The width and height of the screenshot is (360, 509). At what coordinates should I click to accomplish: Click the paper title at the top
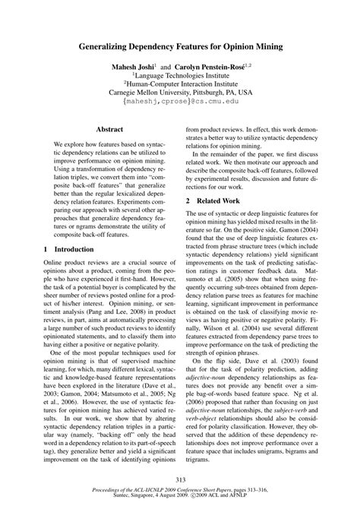pyautogui.click(x=181, y=46)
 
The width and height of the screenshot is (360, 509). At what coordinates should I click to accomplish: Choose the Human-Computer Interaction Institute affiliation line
pyautogui.click(x=181, y=86)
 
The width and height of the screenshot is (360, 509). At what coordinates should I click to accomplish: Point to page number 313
pyautogui.click(x=180, y=479)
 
